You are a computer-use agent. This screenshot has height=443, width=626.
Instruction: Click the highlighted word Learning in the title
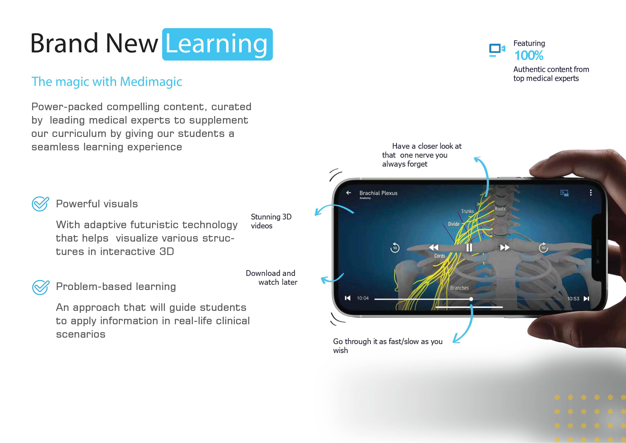point(217,44)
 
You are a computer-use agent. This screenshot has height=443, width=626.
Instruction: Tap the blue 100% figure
point(529,56)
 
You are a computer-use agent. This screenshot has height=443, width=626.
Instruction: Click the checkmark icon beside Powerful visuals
point(40,204)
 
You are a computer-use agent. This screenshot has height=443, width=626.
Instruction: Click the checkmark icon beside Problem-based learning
point(41,287)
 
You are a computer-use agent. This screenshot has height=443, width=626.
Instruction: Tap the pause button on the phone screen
point(469,248)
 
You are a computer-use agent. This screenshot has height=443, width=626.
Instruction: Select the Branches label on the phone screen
point(459,288)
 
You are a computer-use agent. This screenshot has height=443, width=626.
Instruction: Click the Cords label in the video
point(440,256)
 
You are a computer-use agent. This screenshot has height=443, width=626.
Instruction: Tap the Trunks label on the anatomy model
point(467,211)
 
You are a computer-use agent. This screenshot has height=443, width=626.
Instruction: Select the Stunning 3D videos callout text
point(271,221)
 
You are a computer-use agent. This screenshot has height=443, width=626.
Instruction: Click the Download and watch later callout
point(272,278)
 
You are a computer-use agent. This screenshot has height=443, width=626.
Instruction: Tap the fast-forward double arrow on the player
point(505,247)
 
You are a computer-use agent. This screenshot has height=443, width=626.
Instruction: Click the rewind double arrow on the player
point(433,247)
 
